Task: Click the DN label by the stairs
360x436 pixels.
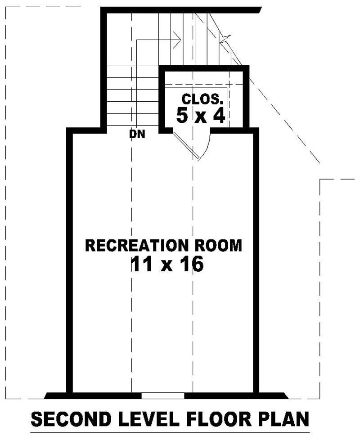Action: pyautogui.click(x=137, y=134)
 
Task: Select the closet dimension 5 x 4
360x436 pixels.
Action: pyautogui.click(x=201, y=116)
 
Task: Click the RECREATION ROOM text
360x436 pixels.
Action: pyautogui.click(x=163, y=246)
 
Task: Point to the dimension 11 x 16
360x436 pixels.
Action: pyautogui.click(x=167, y=265)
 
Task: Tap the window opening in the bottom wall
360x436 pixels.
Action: pyautogui.click(x=163, y=396)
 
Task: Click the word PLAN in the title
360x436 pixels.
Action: pyautogui.click(x=287, y=419)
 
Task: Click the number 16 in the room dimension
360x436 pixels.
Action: pyautogui.click(x=191, y=265)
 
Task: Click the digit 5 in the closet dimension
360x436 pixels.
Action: pyautogui.click(x=182, y=116)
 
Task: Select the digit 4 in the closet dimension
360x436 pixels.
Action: pyautogui.click(x=219, y=116)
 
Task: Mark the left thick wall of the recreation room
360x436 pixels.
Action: pyautogui.click(x=70, y=261)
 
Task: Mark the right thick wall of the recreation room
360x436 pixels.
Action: pyautogui.click(x=256, y=261)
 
